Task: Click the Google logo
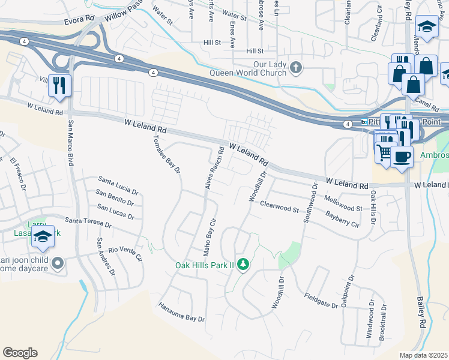click(x=20, y=352)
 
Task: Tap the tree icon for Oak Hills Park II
click(x=243, y=264)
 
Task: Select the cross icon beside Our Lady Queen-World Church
click(x=295, y=67)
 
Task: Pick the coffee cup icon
click(x=402, y=157)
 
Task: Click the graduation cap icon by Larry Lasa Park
click(x=43, y=238)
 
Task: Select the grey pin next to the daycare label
click(x=58, y=263)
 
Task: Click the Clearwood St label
click(x=279, y=206)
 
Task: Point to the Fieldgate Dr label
click(x=321, y=300)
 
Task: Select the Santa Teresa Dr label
click(x=88, y=223)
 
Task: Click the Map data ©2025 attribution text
click(x=423, y=355)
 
